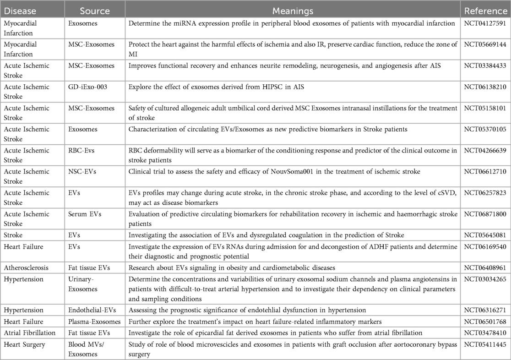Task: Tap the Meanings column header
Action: click(x=293, y=11)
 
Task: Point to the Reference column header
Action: click(x=485, y=11)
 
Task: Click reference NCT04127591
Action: click(x=485, y=23)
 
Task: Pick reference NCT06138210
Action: click(x=485, y=87)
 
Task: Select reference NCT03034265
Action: click(x=485, y=278)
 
